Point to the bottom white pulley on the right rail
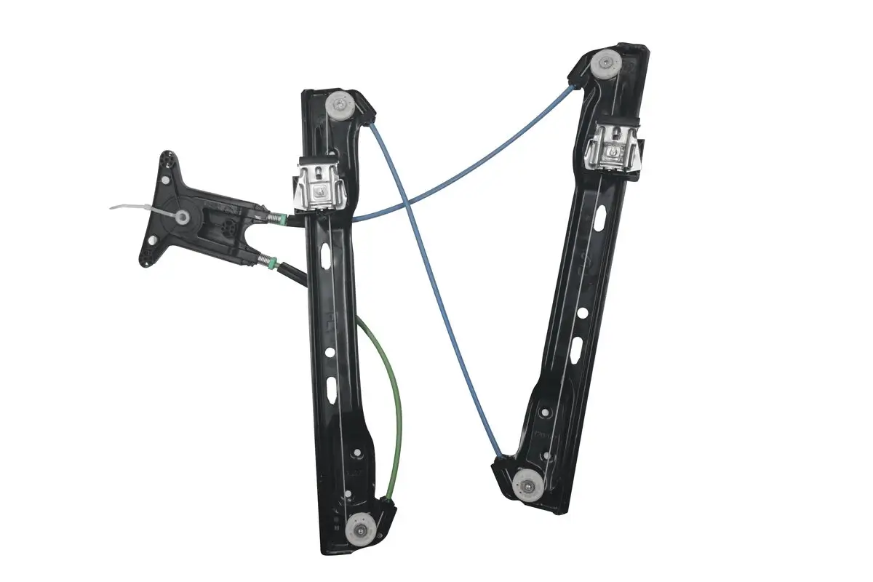525,483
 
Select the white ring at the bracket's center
183,216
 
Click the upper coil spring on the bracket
276,217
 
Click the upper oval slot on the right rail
600,217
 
